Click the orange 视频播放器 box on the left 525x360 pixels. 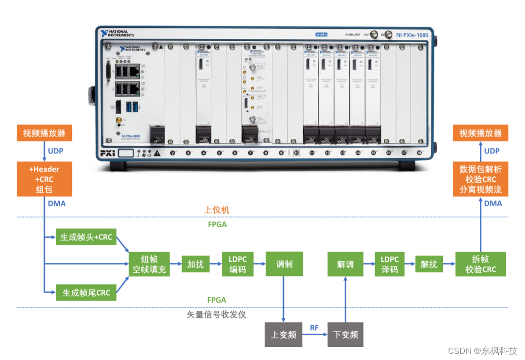pos(45,134)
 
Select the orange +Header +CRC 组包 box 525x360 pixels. pos(45,179)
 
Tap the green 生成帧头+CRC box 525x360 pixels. pos(86,237)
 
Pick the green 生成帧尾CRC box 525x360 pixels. pos(86,292)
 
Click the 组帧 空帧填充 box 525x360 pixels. pos(149,264)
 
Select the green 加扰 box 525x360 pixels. pos(195,264)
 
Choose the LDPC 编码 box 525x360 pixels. pos(237,264)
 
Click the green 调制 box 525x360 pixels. pos(284,264)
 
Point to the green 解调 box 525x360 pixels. pos(345,264)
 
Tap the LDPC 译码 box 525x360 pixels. pos(390,264)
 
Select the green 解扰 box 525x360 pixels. pos(429,264)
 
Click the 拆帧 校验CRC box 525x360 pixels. pos(480,264)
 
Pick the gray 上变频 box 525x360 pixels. pos(284,334)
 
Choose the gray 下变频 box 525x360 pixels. pos(345,334)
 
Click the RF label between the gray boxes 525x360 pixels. pos(314,328)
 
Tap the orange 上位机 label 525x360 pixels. pos(217,210)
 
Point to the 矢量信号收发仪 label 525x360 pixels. pos(217,314)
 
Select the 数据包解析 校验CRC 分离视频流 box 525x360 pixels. pos(480,179)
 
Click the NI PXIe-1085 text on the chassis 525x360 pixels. pos(413,35)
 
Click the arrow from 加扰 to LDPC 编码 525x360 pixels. pos(215,264)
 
